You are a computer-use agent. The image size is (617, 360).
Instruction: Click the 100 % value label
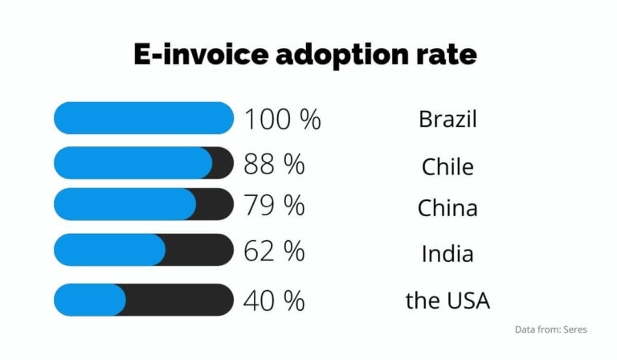tap(282, 120)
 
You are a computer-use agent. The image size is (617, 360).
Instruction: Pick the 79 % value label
tap(274, 206)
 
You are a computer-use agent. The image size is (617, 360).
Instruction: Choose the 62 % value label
tap(274, 251)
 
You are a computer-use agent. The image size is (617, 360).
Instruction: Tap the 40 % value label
tap(274, 301)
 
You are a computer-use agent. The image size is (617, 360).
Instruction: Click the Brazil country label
tap(447, 120)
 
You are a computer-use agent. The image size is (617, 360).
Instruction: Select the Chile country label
tap(447, 166)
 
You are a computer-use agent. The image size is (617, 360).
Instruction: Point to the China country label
tap(447, 208)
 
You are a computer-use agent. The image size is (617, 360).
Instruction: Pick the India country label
tap(447, 254)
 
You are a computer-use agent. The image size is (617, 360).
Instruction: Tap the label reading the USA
tap(447, 301)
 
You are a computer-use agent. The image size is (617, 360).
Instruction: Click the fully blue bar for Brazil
tap(143, 118)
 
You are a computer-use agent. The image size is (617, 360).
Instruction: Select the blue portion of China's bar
tap(125, 204)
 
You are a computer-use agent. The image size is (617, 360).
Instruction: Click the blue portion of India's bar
tap(109, 250)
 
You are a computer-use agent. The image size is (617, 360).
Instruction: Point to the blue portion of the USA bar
tap(89, 300)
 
